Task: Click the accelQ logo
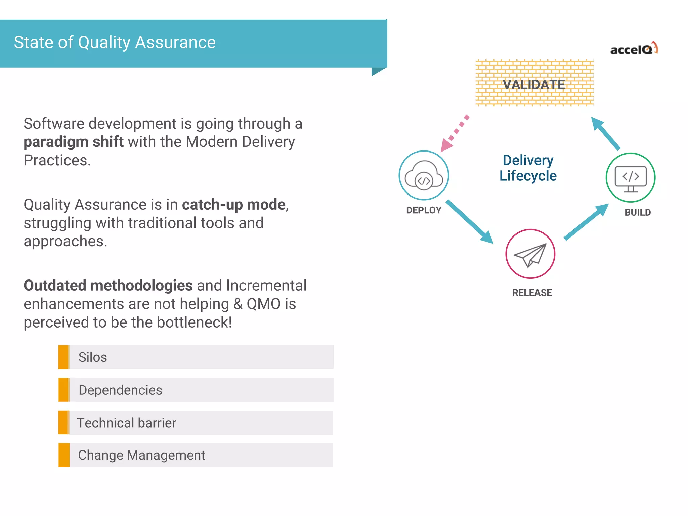pos(634,49)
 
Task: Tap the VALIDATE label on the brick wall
pos(534,85)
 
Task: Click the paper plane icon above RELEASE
pos(530,254)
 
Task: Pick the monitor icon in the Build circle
pos(631,178)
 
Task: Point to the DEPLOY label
pos(424,210)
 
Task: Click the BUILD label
pos(637,212)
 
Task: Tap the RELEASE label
pos(532,293)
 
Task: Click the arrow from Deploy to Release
pos(469,221)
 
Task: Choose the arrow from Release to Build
pos(586,222)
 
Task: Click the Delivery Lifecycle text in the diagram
pos(528,168)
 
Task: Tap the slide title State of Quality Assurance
pos(115,43)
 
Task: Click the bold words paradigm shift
pos(74,142)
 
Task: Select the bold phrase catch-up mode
pos(234,205)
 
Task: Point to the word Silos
pos(93,357)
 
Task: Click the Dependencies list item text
pos(120,390)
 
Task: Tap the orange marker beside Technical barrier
pos(64,423)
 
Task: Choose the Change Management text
pos(141,455)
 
